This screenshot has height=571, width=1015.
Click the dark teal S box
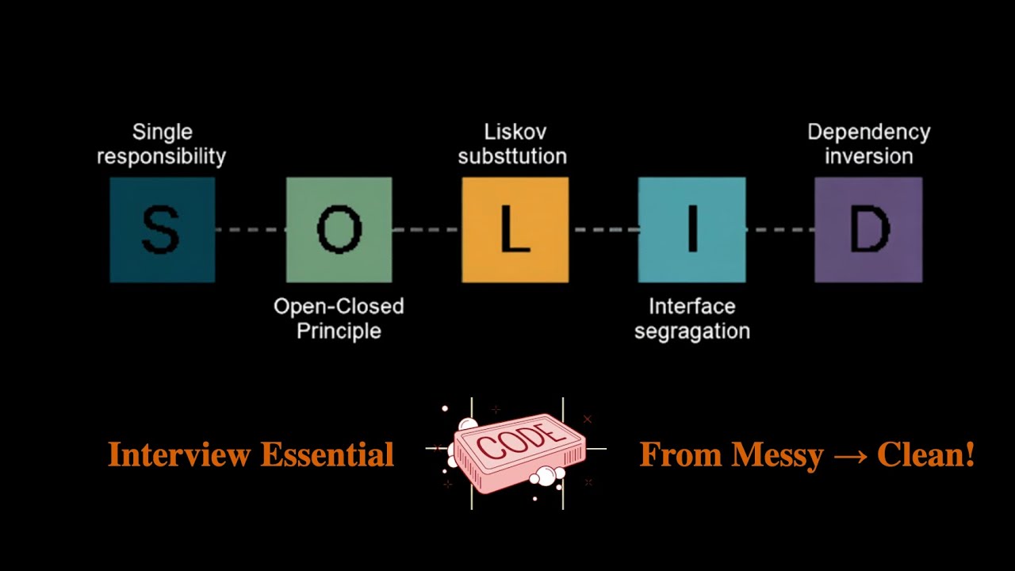(x=162, y=230)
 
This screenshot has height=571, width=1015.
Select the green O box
(x=339, y=230)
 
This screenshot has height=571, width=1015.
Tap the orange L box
(x=515, y=230)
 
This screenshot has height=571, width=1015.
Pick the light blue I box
(x=691, y=230)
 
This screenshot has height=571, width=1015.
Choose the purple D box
(x=868, y=230)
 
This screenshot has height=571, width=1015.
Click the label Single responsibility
(x=162, y=144)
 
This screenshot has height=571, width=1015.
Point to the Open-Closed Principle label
(x=339, y=318)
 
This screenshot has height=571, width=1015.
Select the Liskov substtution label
(x=513, y=144)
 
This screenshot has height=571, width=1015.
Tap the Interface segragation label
(x=691, y=318)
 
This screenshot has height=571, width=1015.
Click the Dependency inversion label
(x=868, y=144)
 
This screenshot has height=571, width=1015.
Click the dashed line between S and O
(x=251, y=230)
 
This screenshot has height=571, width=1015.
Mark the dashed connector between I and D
(x=780, y=230)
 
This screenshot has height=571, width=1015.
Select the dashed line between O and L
(x=427, y=230)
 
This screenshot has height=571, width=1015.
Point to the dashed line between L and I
(x=603, y=230)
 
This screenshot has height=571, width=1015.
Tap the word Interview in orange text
(x=179, y=455)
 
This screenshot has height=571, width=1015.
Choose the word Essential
(x=327, y=455)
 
